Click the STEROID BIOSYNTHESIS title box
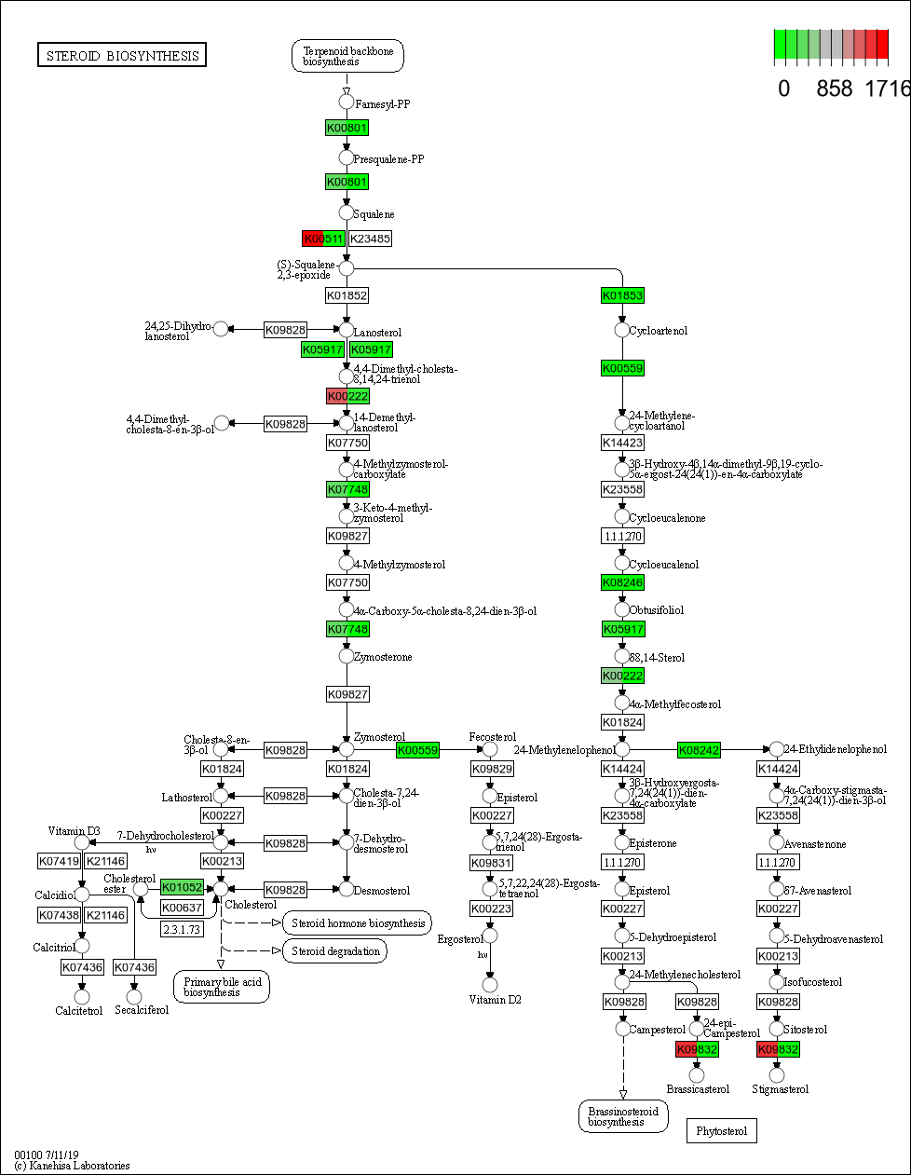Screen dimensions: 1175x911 coord(122,56)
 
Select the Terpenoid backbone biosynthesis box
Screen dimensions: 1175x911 coord(347,56)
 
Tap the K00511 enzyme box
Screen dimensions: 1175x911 coord(323,239)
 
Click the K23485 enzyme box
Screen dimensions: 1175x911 coord(371,239)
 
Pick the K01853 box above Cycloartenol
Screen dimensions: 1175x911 coord(622,295)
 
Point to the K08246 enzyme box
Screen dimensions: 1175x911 coord(622,582)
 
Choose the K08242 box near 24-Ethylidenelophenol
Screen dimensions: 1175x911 coord(699,750)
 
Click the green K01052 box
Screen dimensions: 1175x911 coord(182,887)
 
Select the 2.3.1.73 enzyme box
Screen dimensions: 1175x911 coord(182,929)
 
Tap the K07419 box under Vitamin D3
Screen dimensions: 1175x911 coord(59,861)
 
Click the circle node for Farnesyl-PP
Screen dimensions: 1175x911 coord(347,102)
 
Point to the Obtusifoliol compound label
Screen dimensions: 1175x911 coord(656,610)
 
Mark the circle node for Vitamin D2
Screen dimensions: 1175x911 coord(490,984)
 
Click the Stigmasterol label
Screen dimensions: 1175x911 coord(780,1089)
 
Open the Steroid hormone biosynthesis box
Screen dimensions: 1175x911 coord(358,923)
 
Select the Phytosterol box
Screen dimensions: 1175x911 coord(721,1131)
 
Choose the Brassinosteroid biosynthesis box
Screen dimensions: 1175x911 coord(622,1116)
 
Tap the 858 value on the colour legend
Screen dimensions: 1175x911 coord(834,89)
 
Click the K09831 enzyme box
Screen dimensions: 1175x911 coord(491,863)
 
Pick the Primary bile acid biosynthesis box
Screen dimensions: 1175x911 coord(222,987)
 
